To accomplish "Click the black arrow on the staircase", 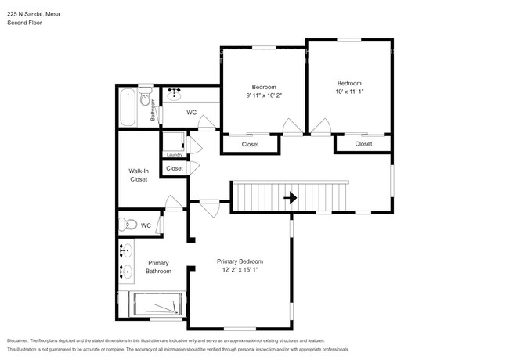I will [290, 198].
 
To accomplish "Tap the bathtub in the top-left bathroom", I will [128, 108].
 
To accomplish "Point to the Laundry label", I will [174, 154].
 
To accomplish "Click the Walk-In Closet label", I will [139, 175].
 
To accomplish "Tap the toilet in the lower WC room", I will [130, 225].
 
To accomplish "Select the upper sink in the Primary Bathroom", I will [125, 250].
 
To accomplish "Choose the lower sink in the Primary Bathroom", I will [125, 272].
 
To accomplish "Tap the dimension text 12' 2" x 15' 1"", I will [240, 271].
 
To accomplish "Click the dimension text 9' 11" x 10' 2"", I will [263, 96].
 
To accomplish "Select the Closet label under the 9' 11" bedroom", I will [250, 144].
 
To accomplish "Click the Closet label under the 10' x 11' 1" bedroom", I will [363, 144].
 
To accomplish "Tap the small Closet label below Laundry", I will [174, 168].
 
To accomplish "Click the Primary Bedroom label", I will [240, 261].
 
